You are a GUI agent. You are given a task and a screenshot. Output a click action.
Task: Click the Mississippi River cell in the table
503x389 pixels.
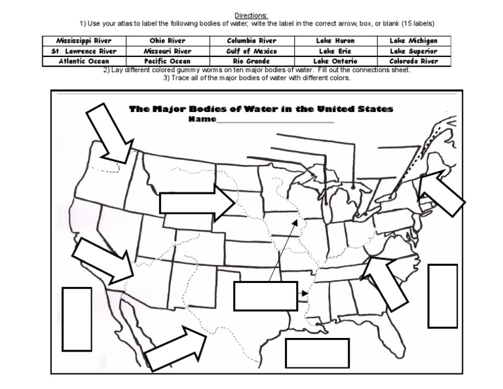click(x=84, y=41)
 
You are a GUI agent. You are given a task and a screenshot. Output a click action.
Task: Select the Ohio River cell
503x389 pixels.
click(x=167, y=41)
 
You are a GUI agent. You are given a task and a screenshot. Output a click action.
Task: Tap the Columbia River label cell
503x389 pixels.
click(x=251, y=41)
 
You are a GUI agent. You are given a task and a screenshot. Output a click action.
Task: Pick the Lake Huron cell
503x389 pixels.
click(x=335, y=41)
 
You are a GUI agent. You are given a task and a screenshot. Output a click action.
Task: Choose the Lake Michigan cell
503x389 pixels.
click(x=413, y=41)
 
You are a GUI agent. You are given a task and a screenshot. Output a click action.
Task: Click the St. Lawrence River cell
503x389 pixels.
click(x=84, y=51)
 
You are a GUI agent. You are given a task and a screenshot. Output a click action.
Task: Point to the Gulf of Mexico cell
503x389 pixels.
click(x=251, y=51)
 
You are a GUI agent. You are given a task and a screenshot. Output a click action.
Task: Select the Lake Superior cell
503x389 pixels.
click(x=413, y=51)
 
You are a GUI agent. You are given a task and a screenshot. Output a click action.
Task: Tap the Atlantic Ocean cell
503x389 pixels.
click(x=84, y=62)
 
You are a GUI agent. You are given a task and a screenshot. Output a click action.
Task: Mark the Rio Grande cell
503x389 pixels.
click(x=251, y=62)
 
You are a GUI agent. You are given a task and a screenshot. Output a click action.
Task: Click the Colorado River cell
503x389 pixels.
click(x=413, y=62)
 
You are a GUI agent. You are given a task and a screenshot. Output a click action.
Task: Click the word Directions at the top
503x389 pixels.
click(x=251, y=15)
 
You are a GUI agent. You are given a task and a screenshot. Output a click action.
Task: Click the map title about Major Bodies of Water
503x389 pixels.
click(x=261, y=109)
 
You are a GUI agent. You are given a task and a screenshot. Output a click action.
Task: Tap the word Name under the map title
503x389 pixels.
click(x=201, y=120)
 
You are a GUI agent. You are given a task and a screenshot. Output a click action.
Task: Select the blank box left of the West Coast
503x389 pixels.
click(x=77, y=318)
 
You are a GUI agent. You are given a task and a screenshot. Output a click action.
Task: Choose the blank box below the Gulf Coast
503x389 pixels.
click(x=317, y=353)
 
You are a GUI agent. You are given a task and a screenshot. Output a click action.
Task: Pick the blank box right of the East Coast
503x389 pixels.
click(x=442, y=295)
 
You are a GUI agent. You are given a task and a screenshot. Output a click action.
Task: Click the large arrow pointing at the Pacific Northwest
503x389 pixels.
click(x=109, y=134)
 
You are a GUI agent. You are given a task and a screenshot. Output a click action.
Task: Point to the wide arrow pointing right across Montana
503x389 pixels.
click(x=196, y=202)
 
